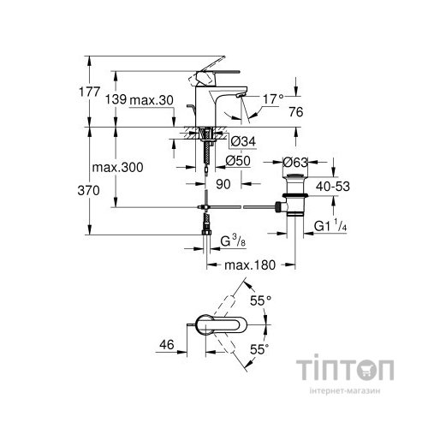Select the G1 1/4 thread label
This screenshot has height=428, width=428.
click(x=332, y=226)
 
